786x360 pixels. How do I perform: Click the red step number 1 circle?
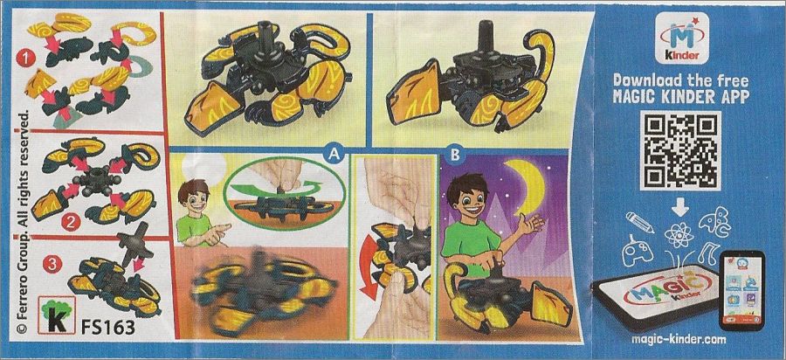23,59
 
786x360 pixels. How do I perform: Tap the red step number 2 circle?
71,221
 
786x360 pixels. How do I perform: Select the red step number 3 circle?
50,264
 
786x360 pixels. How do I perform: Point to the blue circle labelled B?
455,156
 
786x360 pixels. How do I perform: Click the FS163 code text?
107,327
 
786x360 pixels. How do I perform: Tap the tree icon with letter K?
57,315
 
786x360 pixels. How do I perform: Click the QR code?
679,150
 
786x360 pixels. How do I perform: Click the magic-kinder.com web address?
679,339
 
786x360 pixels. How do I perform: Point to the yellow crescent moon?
529,185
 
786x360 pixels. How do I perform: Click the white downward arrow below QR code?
680,206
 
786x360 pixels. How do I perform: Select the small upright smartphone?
741,290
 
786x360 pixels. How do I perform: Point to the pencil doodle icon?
639,222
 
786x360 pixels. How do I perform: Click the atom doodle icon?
679,236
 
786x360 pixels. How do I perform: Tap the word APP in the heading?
728,96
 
